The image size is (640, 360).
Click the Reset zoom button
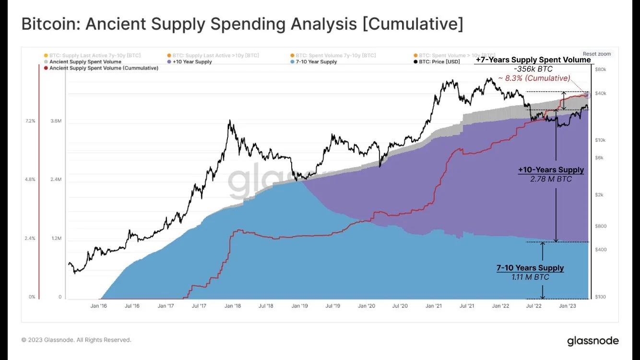click(597, 54)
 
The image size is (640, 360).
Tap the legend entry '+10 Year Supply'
click(192, 62)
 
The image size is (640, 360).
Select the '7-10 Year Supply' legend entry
click(316, 62)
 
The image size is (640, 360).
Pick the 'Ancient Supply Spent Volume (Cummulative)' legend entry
click(104, 68)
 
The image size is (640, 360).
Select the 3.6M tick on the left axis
click(56, 121)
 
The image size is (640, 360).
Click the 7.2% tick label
click(30, 121)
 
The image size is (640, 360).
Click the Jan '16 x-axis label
click(98, 305)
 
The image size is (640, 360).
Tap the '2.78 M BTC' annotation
click(551, 179)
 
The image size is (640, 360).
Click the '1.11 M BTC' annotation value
click(530, 277)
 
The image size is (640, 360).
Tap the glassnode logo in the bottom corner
click(593, 341)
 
